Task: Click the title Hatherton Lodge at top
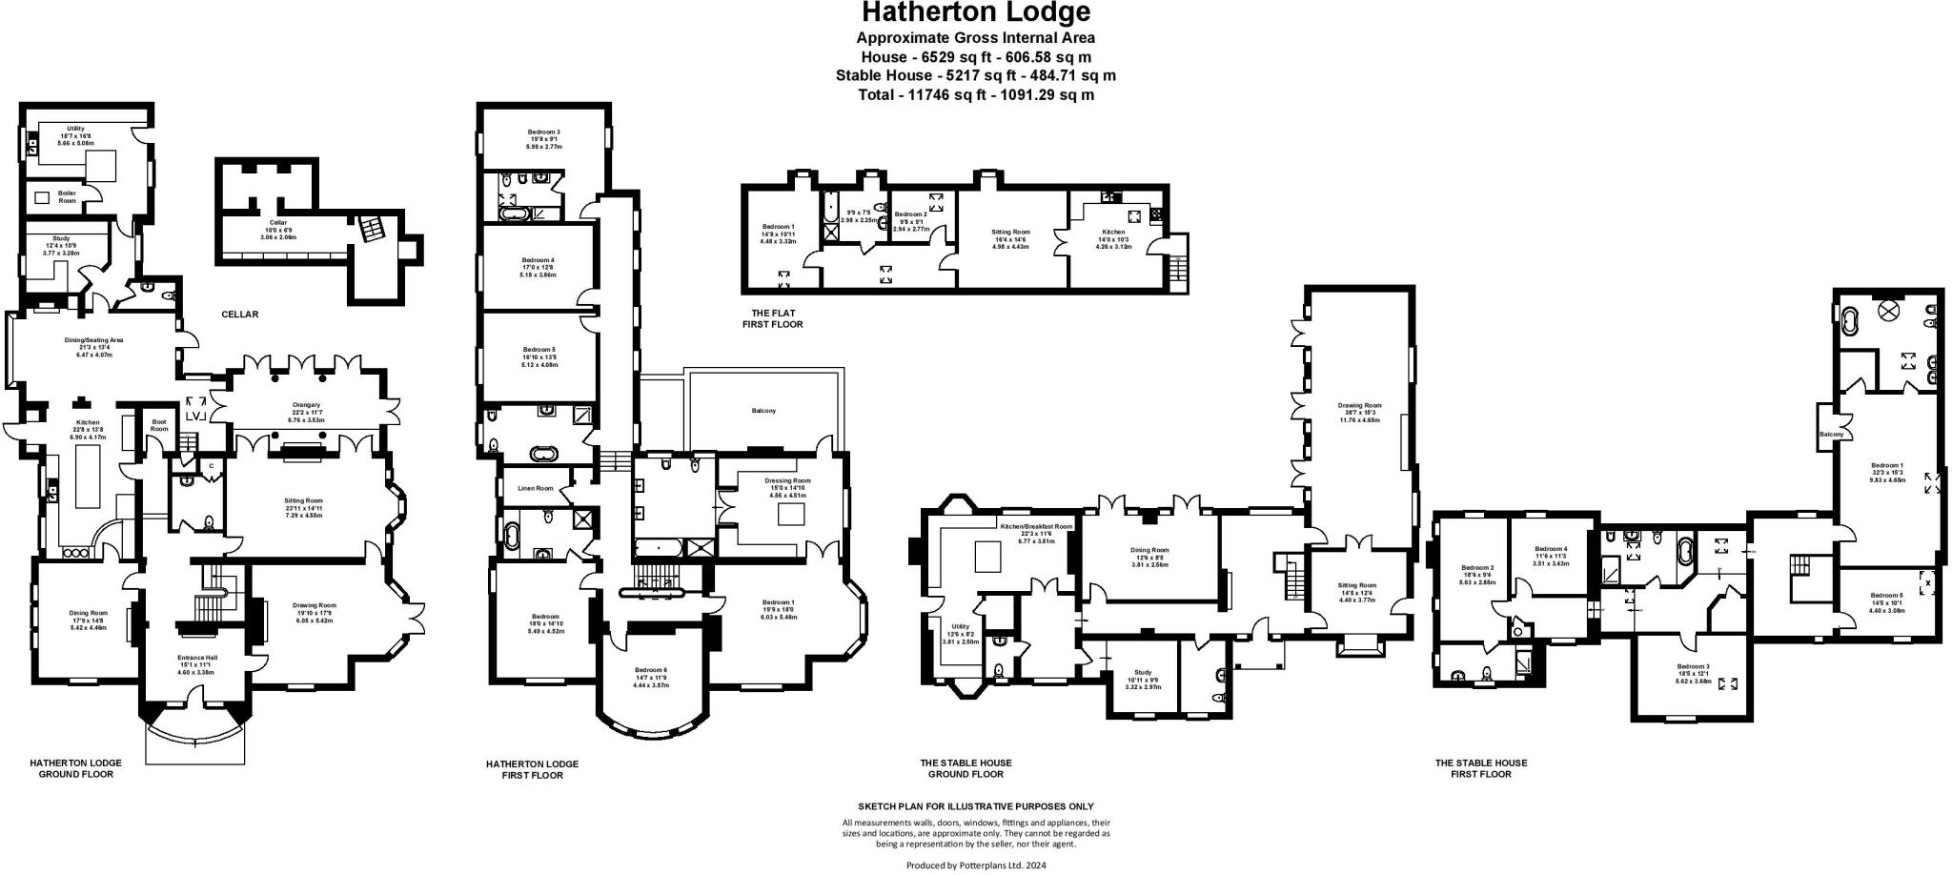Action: tap(975, 13)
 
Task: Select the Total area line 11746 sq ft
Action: tap(975, 95)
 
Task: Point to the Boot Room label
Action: tap(159, 425)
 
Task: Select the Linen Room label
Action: tap(535, 488)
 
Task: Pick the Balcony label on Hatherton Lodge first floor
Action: tap(763, 411)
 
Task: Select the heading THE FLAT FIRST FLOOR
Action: tap(772, 318)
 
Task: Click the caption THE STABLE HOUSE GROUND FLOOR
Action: tap(966, 768)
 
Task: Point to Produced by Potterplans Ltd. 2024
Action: tap(975, 865)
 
